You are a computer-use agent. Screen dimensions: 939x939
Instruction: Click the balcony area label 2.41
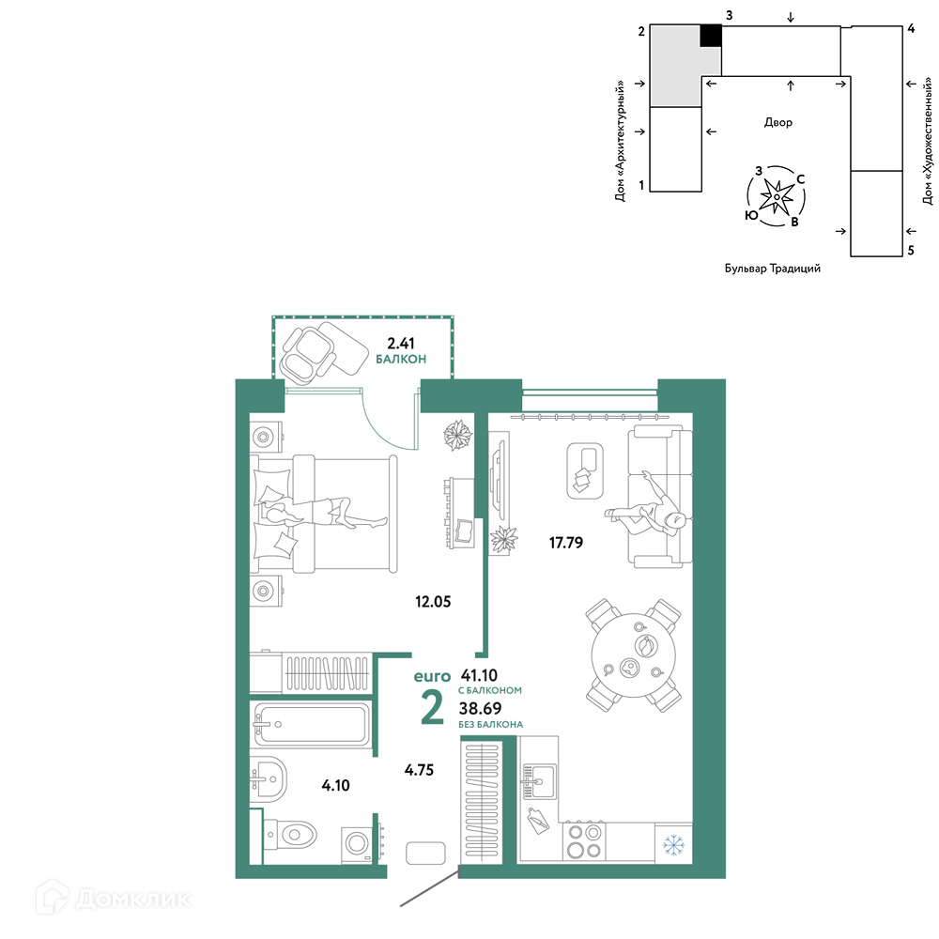[401, 343]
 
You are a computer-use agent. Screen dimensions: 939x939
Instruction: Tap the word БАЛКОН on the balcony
[401, 360]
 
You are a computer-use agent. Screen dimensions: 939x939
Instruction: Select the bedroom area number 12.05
[433, 601]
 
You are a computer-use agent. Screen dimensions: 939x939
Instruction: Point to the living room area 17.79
[566, 543]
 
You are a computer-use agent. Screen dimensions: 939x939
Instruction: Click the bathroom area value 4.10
[335, 785]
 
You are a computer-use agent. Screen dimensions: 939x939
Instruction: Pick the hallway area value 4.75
[419, 770]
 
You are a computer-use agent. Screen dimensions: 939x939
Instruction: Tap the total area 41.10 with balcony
[479, 675]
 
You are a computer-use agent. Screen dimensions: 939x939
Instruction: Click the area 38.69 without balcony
[480, 708]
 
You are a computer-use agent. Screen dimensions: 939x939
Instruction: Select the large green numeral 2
[432, 707]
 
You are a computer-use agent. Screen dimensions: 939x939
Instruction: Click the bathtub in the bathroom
[312, 724]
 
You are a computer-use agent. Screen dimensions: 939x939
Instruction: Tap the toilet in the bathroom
[290, 834]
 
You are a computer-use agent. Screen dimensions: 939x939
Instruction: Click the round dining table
[634, 655]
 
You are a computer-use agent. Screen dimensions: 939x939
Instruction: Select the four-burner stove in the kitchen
[584, 840]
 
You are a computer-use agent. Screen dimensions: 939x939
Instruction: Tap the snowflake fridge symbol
[673, 846]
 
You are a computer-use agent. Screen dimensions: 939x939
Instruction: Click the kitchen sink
[538, 781]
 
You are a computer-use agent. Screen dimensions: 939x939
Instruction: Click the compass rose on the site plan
[777, 196]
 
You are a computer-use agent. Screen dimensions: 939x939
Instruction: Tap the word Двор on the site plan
[777, 122]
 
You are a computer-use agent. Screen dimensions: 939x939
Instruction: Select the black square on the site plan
[711, 36]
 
